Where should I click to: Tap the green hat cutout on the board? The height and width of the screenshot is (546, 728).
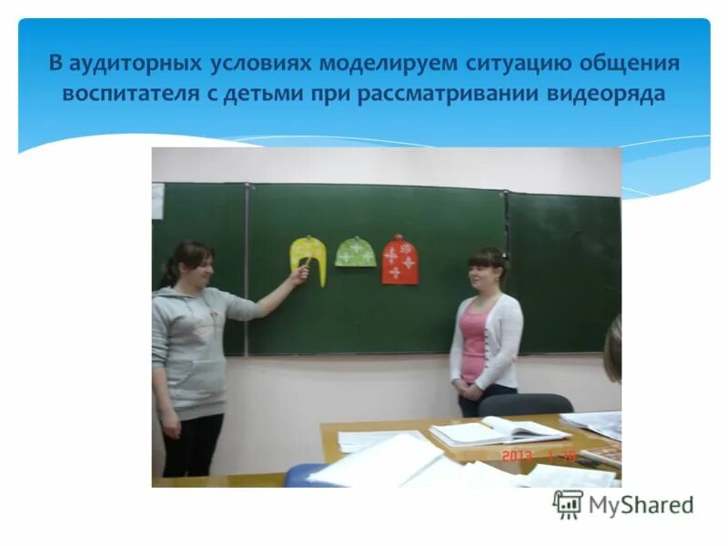point(355,252)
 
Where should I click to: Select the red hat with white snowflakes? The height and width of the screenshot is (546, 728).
point(399,260)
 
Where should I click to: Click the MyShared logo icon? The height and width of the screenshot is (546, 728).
point(568,505)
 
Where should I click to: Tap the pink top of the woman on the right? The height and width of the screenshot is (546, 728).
point(474,341)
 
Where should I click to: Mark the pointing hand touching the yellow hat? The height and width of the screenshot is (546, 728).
point(299,272)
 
